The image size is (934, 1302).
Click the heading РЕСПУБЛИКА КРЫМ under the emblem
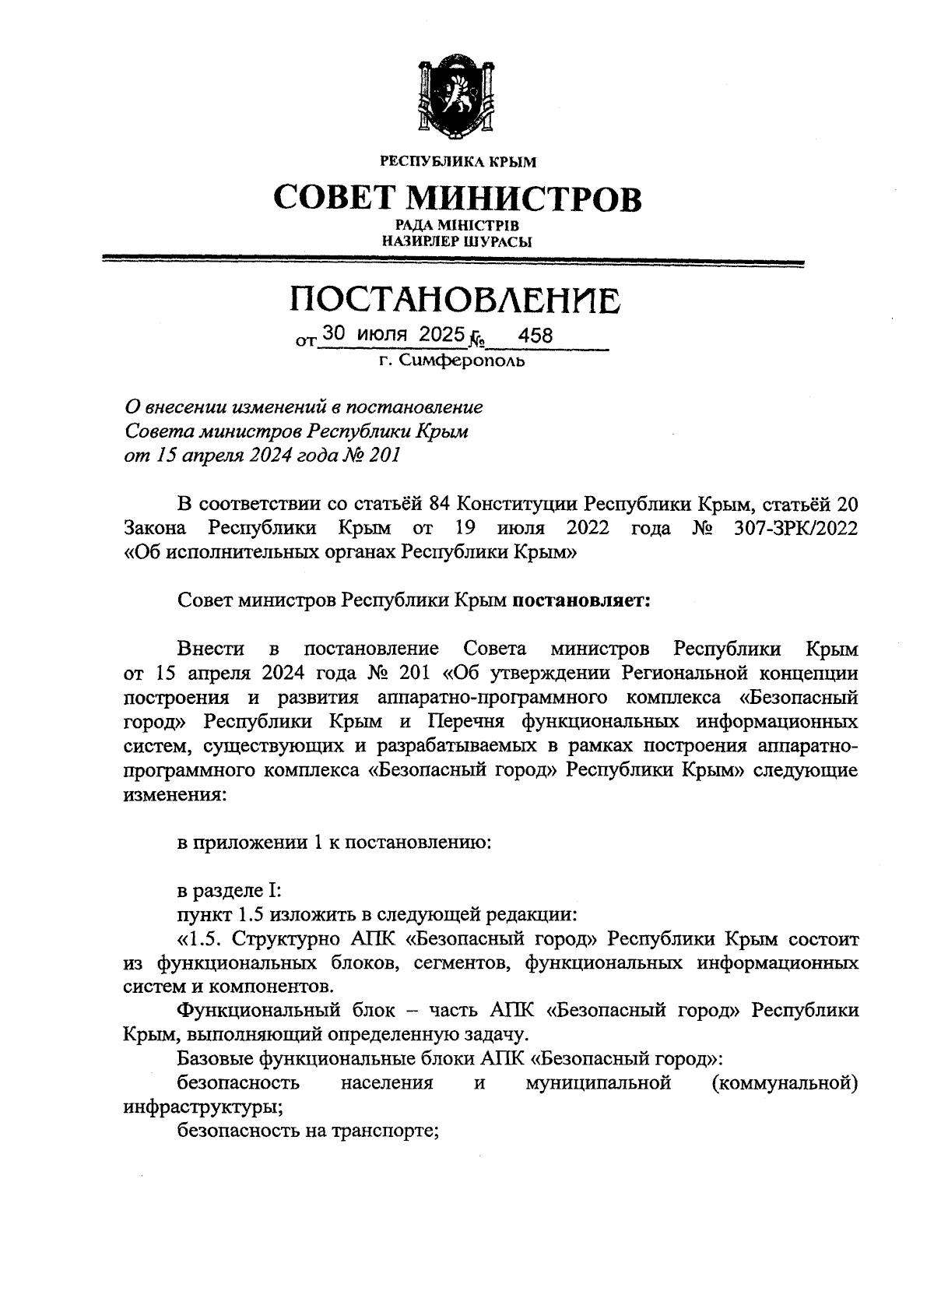(458, 163)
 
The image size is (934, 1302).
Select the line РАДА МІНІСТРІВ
(457, 226)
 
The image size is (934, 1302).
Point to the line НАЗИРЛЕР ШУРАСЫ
(457, 241)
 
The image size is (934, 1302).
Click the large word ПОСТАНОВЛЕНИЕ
(456, 300)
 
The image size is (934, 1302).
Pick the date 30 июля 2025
(392, 334)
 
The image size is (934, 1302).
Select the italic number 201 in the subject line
(384, 455)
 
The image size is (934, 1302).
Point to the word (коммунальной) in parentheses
(785, 1083)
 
